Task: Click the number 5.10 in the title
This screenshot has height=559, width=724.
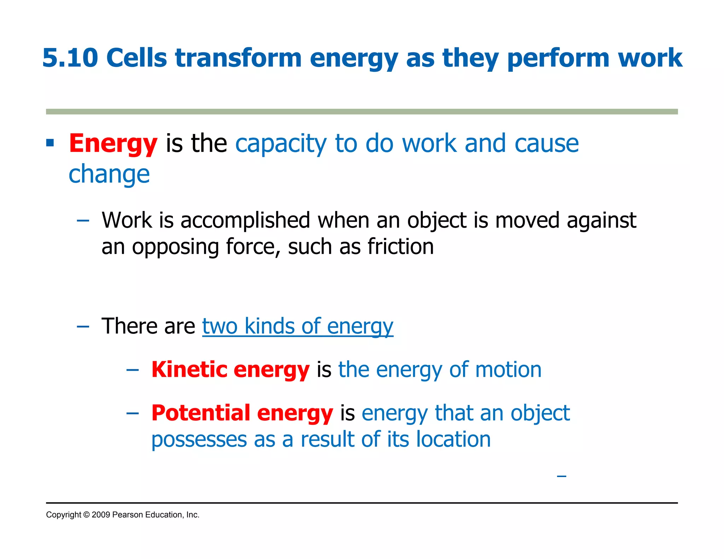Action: pos(70,58)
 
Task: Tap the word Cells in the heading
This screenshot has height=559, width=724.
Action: pos(136,58)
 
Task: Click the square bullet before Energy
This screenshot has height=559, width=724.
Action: pos(50,143)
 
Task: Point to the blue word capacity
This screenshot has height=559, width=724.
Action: pos(281,143)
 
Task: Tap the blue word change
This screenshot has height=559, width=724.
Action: pos(109,174)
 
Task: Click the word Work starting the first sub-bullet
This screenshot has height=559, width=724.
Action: pos(127,220)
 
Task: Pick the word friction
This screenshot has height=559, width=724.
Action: pos(401,246)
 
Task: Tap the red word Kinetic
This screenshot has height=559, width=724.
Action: pos(189,370)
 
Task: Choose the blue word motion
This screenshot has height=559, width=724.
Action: pos(508,370)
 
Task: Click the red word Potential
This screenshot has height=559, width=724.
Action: pos(200,413)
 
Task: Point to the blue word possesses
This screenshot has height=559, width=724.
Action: pos(199,439)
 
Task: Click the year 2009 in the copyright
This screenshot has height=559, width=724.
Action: pos(101,515)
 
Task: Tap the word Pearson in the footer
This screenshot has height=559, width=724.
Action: pos(128,515)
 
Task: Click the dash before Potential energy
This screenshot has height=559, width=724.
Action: pos(133,413)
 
